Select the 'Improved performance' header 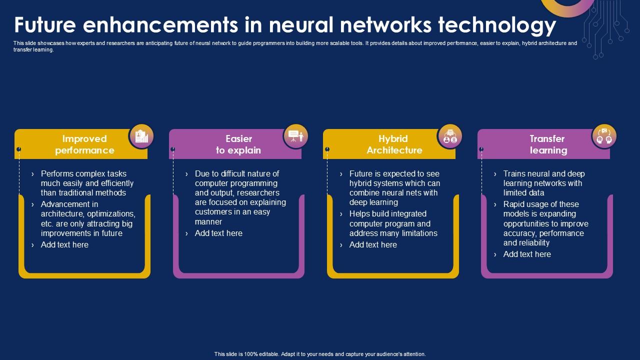pos(84,144)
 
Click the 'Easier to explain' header pos(238,144)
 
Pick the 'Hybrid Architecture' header pos(394,144)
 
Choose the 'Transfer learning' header pos(548,144)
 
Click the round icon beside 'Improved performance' pos(141,136)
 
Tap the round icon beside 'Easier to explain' pos(295,136)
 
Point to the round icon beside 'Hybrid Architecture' pos(450,136)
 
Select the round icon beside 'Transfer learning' pos(604,136)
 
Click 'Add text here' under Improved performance pos(64,244)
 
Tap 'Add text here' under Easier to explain pos(218,233)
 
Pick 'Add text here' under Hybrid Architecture pos(373,244)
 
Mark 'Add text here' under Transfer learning pos(527,254)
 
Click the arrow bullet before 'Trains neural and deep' pos(495,174)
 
